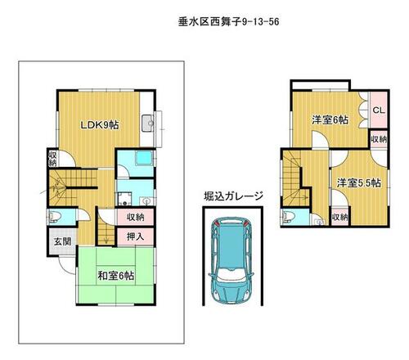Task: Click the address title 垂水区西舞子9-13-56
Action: click(228, 22)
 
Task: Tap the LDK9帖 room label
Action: click(100, 125)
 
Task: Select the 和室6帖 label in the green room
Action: click(116, 276)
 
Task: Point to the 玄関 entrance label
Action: click(62, 241)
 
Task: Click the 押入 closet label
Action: click(135, 236)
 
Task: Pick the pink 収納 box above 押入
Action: click(135, 218)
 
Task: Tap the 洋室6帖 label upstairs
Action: click(330, 119)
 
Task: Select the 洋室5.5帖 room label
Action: click(358, 182)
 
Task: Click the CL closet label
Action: click(379, 110)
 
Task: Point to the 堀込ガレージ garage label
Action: click(233, 196)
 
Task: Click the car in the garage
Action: click(231, 261)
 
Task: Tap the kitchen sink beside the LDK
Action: click(148, 124)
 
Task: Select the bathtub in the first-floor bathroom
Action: click(144, 159)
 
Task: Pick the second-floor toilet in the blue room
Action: click(289, 217)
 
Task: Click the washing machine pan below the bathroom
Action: click(124, 199)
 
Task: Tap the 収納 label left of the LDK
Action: click(52, 159)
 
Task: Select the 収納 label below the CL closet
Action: click(379, 139)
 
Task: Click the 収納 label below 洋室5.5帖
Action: click(340, 218)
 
